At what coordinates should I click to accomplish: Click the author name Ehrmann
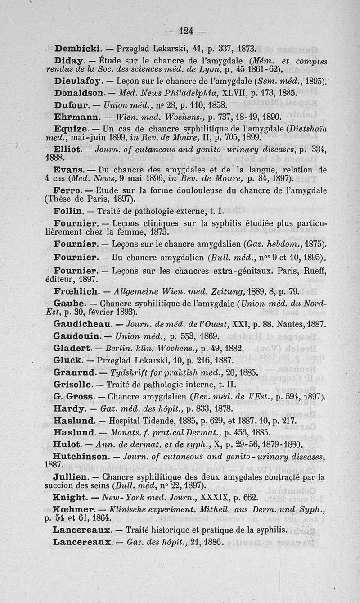(x=76, y=116)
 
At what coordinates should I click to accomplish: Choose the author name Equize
(x=73, y=128)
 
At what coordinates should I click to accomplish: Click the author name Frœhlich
(x=76, y=291)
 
